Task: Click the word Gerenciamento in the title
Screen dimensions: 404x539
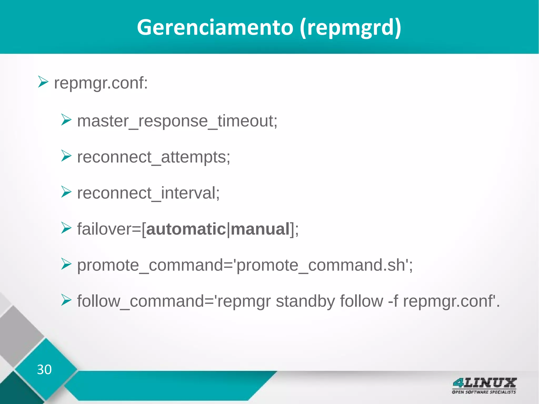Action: tap(215, 28)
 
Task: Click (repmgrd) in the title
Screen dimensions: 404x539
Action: tap(351, 28)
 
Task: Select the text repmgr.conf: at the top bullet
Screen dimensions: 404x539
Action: tap(101, 83)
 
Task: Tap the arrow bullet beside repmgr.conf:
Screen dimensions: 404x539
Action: tap(43, 82)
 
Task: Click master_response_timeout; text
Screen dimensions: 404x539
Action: tap(177, 121)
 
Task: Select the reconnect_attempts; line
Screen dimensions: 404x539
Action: tap(153, 157)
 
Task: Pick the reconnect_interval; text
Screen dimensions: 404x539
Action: tap(148, 193)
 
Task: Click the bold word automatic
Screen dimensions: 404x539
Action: tap(186, 229)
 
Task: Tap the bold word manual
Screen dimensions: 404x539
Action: tap(260, 229)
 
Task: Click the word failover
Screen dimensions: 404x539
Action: tap(104, 229)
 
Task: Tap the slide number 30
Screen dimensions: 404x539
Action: tap(44, 370)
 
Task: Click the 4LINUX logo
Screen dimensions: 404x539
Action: tap(484, 383)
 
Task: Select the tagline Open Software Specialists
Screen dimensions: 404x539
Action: tap(484, 392)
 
